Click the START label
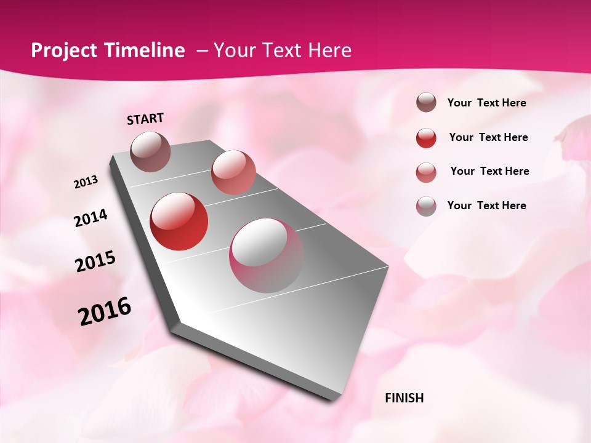pos(145,119)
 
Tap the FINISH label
pos(404,398)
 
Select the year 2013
pos(86,182)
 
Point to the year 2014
pos(91,218)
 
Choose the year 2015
pos(95,261)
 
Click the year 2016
pos(105,311)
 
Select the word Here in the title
pos(329,50)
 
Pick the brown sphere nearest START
pos(151,151)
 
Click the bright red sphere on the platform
pos(179,221)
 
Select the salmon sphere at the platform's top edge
pos(233,172)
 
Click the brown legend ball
pos(426,102)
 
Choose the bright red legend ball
pos(426,137)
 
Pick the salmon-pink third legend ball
pos(426,172)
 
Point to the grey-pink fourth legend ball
pos(426,206)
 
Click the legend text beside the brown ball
pos(486,103)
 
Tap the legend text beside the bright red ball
pos(488,137)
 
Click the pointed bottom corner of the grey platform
pos(179,324)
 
